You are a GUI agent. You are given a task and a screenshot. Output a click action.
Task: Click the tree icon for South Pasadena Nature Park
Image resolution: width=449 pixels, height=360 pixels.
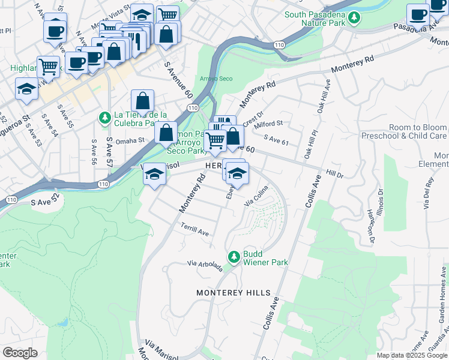coord(354,18)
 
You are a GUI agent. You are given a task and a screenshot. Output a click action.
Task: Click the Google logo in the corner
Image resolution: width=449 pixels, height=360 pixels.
coord(20,352)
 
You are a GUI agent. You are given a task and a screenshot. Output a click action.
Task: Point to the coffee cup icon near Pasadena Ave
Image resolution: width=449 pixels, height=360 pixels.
coord(418,16)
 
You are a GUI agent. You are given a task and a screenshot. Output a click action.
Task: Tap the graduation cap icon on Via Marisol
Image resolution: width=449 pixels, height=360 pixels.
coord(154,175)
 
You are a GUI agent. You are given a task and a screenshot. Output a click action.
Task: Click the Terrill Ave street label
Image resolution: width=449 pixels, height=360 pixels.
coord(194,229)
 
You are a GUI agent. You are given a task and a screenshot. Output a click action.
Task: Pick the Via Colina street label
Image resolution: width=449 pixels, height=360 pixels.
coord(256,197)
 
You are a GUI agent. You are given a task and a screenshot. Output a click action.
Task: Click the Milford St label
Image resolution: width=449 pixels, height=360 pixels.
coord(268,124)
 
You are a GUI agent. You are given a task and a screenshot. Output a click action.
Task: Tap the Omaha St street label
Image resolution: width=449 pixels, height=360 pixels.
coord(131,141)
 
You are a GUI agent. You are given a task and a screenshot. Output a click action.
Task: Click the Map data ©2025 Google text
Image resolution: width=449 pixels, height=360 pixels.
coord(412,355)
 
